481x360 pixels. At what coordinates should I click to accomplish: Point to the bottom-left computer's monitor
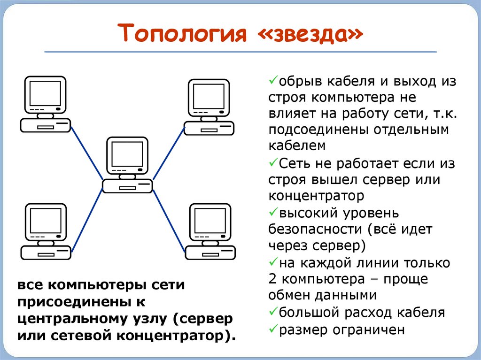coord(45,220)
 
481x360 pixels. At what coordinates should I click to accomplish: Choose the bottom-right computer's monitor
coord(209,220)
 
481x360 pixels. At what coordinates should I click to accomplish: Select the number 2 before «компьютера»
coord(273,278)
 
